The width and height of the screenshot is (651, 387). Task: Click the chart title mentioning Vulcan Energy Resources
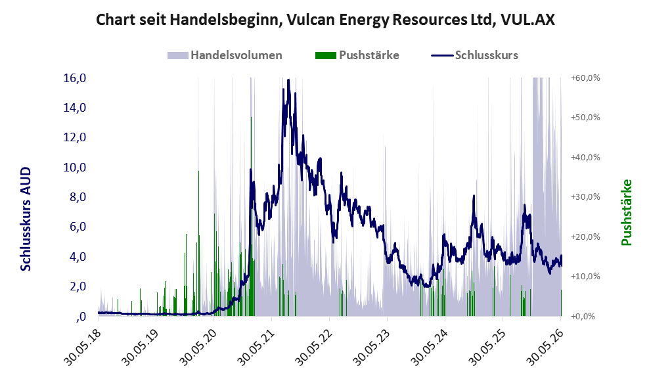pos(325,20)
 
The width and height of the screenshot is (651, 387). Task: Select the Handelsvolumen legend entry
pos(225,55)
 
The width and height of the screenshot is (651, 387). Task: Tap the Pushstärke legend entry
pos(357,55)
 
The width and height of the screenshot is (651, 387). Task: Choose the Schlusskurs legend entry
pos(474,55)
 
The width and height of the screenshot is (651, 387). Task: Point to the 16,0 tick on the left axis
pos(75,78)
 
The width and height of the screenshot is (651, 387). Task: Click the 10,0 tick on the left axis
pos(75,168)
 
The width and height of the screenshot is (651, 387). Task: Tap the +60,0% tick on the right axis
pos(585,78)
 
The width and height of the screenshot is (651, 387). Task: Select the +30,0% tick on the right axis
pos(585,197)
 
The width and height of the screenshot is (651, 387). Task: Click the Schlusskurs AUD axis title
pos(26,219)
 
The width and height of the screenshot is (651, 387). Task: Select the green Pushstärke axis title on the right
pos(626,212)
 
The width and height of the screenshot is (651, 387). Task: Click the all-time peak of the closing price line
pos(288,80)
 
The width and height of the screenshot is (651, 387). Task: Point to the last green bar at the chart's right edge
pos(561,303)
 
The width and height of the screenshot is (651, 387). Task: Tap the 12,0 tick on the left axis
pos(75,137)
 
